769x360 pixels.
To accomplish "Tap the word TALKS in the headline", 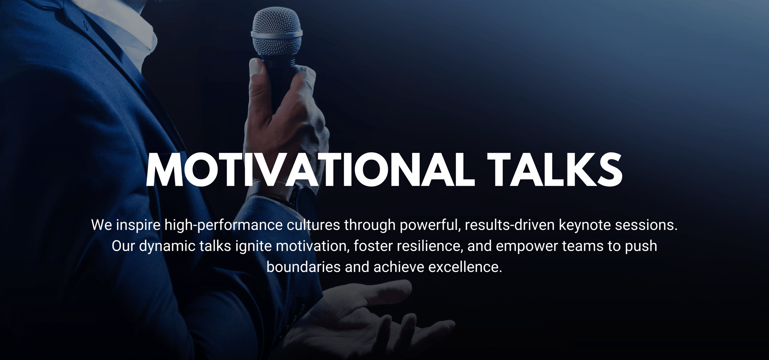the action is [555, 170].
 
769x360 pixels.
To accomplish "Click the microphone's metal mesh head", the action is [276, 31].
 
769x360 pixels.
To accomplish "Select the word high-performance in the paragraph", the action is [223, 225].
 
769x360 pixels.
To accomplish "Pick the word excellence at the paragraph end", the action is [465, 267].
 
